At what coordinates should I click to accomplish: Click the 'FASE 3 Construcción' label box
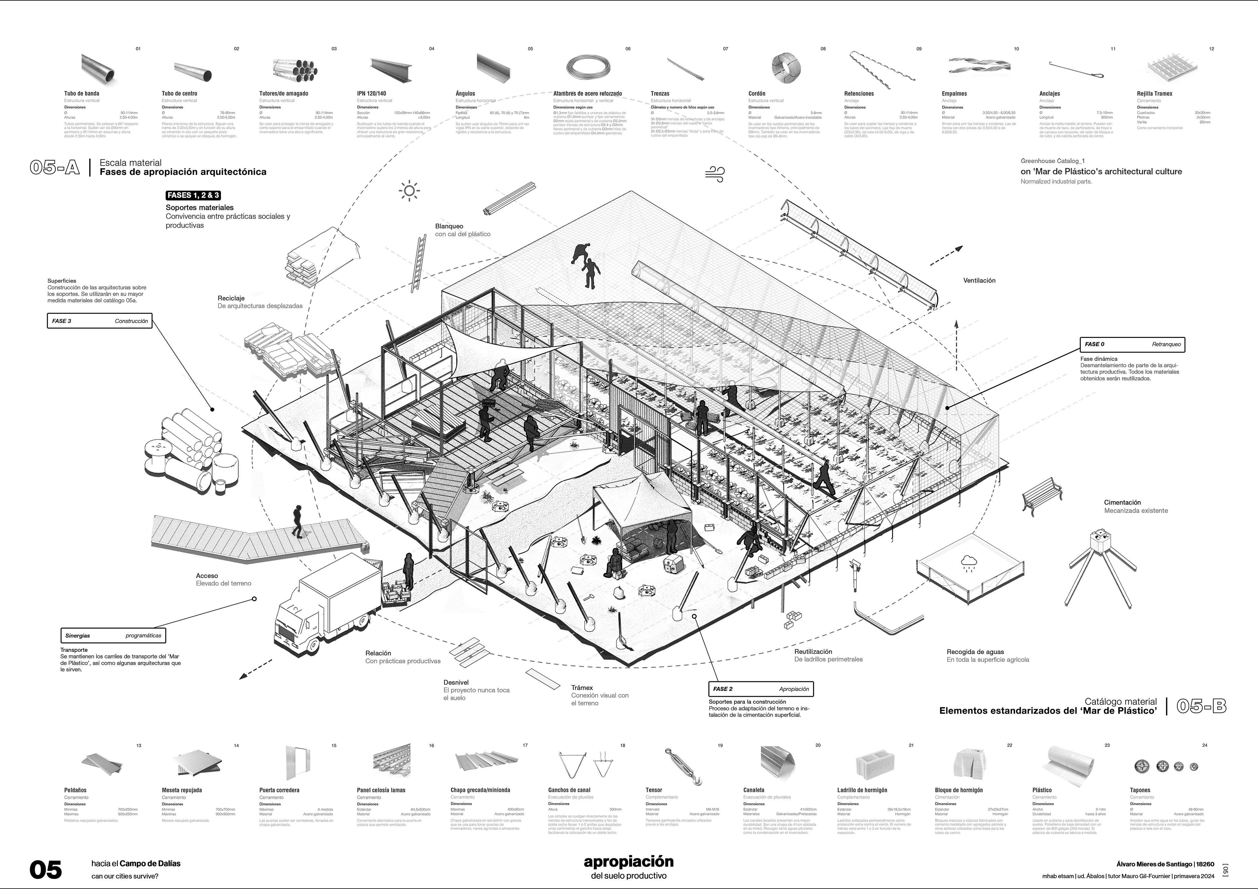pyautogui.click(x=100, y=321)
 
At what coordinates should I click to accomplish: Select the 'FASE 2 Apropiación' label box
pyautogui.click(x=760, y=689)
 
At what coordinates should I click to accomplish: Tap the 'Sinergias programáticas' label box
pyautogui.click(x=113, y=635)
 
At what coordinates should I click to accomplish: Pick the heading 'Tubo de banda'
pyautogui.click(x=82, y=94)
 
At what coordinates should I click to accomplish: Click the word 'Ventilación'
pyautogui.click(x=979, y=280)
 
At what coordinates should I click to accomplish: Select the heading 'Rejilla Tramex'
pyautogui.click(x=1155, y=94)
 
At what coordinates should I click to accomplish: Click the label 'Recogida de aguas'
pyautogui.click(x=975, y=652)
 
